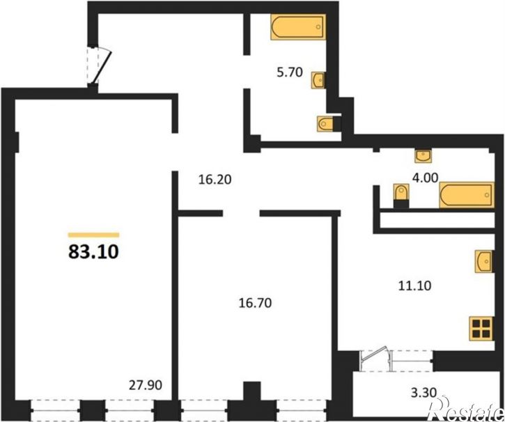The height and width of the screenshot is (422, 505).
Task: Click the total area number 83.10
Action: click(94, 251)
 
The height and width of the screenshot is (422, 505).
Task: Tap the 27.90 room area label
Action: click(146, 385)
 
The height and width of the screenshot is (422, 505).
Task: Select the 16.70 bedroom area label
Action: click(255, 303)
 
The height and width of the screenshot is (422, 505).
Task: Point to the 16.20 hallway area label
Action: click(215, 180)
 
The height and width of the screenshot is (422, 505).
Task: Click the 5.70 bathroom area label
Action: click(290, 72)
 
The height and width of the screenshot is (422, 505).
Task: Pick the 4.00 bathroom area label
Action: click(426, 178)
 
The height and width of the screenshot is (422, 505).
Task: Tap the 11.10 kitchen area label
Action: click(415, 286)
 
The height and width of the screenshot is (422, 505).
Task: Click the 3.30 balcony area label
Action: click(424, 393)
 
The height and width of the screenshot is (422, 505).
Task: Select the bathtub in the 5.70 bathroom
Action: click(298, 27)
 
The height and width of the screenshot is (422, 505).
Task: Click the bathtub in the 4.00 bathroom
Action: click(467, 195)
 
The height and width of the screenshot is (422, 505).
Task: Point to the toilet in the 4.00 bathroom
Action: click(401, 196)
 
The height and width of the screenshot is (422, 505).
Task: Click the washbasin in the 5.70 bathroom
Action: click(318, 80)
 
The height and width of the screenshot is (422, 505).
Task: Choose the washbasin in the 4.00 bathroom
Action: click(424, 156)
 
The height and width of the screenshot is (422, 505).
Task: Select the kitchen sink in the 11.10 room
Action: click(484, 261)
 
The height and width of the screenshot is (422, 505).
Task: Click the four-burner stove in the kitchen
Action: click(481, 328)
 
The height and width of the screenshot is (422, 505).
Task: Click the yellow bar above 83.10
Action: click(94, 235)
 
